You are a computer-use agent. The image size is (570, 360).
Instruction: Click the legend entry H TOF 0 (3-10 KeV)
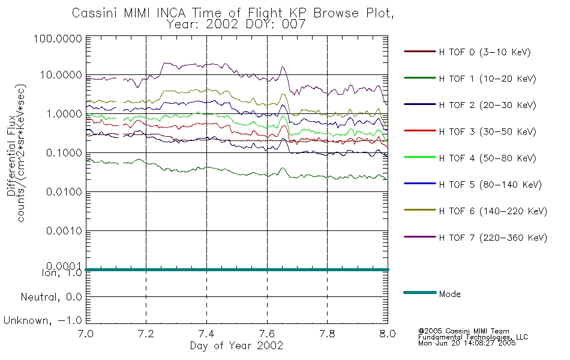[485, 52]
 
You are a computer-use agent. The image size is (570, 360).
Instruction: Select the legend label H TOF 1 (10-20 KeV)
[487, 79]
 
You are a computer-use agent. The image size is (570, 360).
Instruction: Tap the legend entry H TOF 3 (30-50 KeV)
[487, 131]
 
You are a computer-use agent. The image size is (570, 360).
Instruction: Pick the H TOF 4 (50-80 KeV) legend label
[487, 158]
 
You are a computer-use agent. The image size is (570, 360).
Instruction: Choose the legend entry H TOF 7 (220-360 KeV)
[493, 238]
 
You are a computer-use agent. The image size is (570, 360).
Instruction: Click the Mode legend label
[449, 294]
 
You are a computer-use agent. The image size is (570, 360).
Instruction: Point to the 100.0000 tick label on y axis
[58, 38]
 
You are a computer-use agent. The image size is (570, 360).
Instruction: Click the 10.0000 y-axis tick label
[61, 75]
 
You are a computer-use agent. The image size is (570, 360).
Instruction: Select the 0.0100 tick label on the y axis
[64, 191]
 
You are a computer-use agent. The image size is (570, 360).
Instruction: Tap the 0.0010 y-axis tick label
[64, 230]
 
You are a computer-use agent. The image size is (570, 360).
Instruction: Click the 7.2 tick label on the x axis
[146, 334]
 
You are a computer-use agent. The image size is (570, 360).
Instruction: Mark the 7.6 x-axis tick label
[267, 334]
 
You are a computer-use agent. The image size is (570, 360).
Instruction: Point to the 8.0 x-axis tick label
[388, 334]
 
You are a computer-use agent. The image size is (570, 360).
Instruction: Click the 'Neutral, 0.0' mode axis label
[51, 297]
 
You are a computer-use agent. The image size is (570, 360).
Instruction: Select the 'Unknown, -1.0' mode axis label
[43, 320]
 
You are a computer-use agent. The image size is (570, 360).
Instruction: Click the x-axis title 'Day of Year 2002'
[236, 346]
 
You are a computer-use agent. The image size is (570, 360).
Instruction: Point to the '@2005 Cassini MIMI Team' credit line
[463, 331]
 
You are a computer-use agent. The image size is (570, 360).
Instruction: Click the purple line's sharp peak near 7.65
[282, 67]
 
